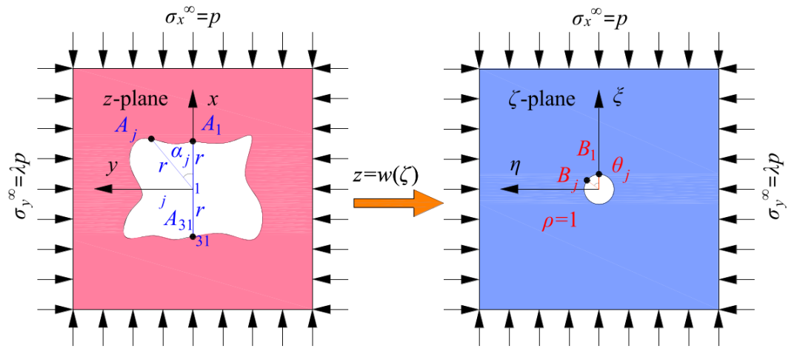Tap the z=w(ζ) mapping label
pos(385,176)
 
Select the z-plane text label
pos(136,99)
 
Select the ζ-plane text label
pos(542,99)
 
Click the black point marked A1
pos(193,141)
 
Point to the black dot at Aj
pos(151,139)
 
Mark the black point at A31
pos(193,236)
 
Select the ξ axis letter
pos(619,99)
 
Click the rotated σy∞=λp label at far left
pos(19,189)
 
